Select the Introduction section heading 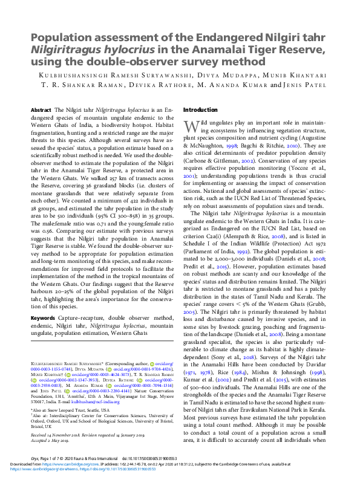point(201,109)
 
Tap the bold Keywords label point(44,317)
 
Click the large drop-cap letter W point(190,126)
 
